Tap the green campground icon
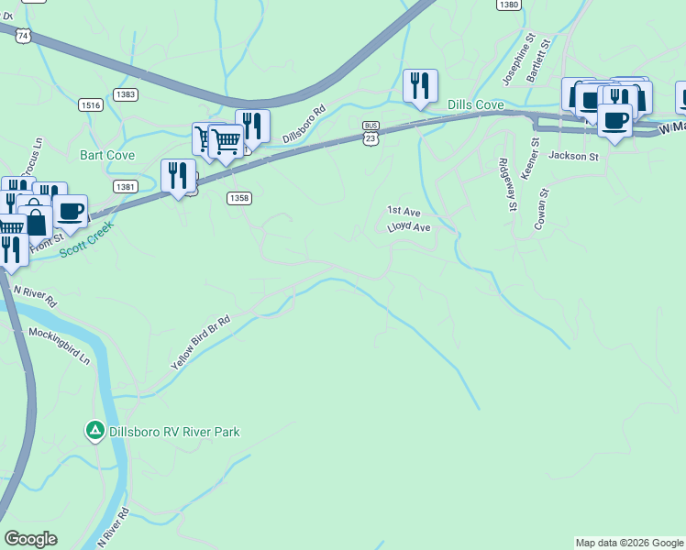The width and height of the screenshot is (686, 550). [x=94, y=430]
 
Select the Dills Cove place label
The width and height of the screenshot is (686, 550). [x=475, y=105]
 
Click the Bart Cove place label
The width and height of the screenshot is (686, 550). [x=107, y=155]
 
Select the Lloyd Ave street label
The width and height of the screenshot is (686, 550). [x=408, y=226]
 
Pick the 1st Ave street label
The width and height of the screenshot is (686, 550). [x=403, y=211]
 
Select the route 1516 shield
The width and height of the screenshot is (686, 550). [x=91, y=105]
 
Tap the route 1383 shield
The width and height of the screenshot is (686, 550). [x=127, y=94]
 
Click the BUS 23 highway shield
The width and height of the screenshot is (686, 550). [x=371, y=131]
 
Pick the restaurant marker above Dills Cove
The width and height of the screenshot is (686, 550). [x=420, y=87]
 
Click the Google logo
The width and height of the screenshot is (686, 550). [x=30, y=539]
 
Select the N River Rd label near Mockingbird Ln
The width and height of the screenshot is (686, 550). [x=35, y=295]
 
